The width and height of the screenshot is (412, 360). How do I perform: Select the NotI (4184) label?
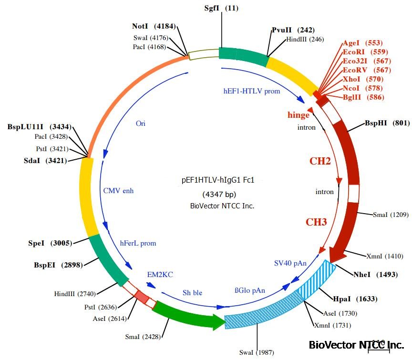point(155,25)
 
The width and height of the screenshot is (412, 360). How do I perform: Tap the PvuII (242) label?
point(293,30)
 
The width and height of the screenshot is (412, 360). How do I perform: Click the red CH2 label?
point(320,161)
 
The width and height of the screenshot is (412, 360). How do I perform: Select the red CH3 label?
point(316,222)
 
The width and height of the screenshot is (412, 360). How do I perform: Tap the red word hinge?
point(299,115)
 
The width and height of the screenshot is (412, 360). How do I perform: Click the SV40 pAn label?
point(290,263)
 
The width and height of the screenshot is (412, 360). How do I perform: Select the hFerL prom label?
point(138,243)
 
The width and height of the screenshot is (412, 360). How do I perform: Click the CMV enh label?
point(119,191)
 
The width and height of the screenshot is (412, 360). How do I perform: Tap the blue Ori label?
point(141,123)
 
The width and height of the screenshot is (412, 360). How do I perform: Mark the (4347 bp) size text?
point(219,194)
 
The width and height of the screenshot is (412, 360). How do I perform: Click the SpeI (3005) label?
point(50,243)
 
